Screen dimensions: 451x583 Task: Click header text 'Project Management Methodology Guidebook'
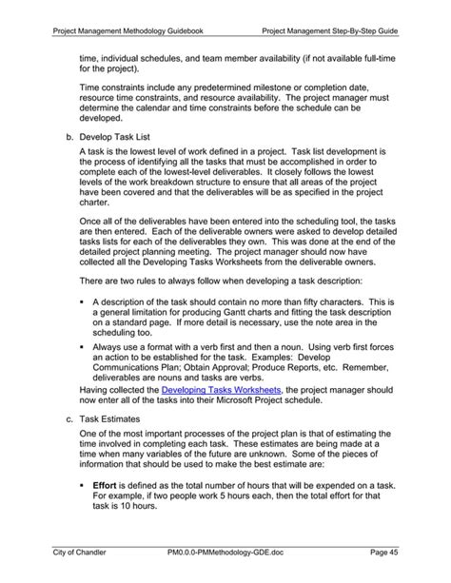131,32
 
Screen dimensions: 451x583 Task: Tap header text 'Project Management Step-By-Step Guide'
329,32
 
